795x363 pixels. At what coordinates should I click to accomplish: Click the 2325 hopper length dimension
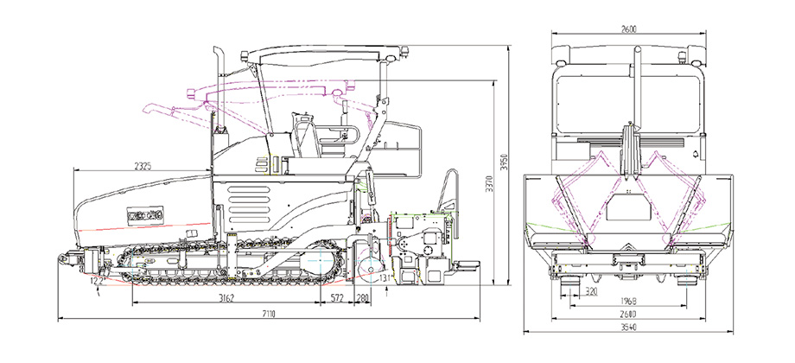coord(143,164)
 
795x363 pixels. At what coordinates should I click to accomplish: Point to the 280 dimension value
coord(363,298)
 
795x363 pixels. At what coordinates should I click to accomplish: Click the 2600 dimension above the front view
coord(628,29)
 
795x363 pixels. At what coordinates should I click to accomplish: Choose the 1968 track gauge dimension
coord(628,302)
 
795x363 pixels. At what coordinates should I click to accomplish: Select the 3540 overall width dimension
coord(628,328)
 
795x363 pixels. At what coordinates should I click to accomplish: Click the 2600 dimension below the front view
coord(628,315)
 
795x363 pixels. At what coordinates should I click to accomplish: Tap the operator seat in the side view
coord(302,138)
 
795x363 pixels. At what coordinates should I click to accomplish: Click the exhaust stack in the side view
coord(220,86)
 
